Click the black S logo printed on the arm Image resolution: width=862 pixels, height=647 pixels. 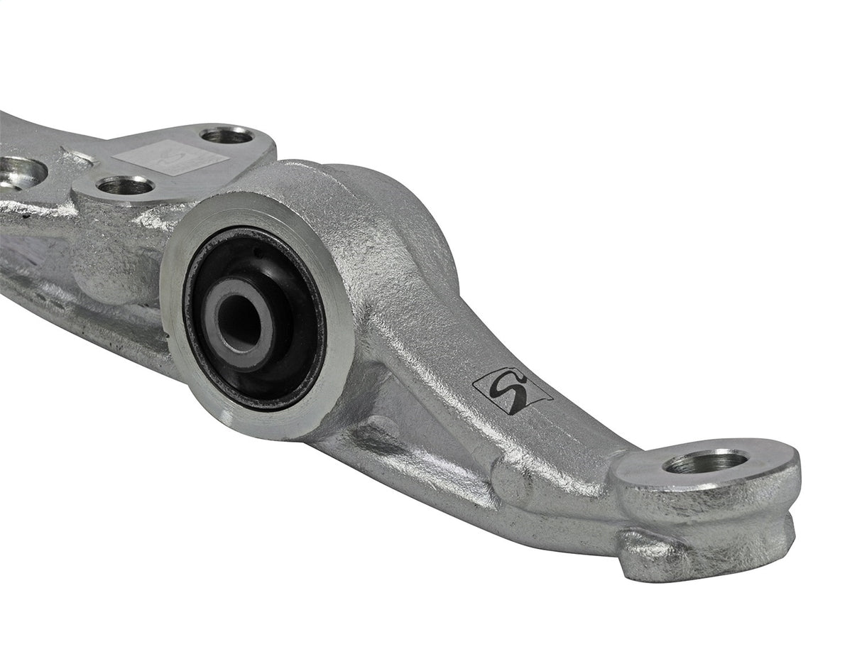(x=511, y=391)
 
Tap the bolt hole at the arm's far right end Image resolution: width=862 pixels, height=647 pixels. (x=704, y=462)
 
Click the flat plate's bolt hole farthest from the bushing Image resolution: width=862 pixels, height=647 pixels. (x=227, y=134)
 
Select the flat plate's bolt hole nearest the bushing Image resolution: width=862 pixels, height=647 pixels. (x=125, y=186)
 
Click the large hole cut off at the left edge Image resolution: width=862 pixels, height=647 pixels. (x=20, y=172)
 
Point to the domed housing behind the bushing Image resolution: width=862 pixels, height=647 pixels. (x=398, y=213)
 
